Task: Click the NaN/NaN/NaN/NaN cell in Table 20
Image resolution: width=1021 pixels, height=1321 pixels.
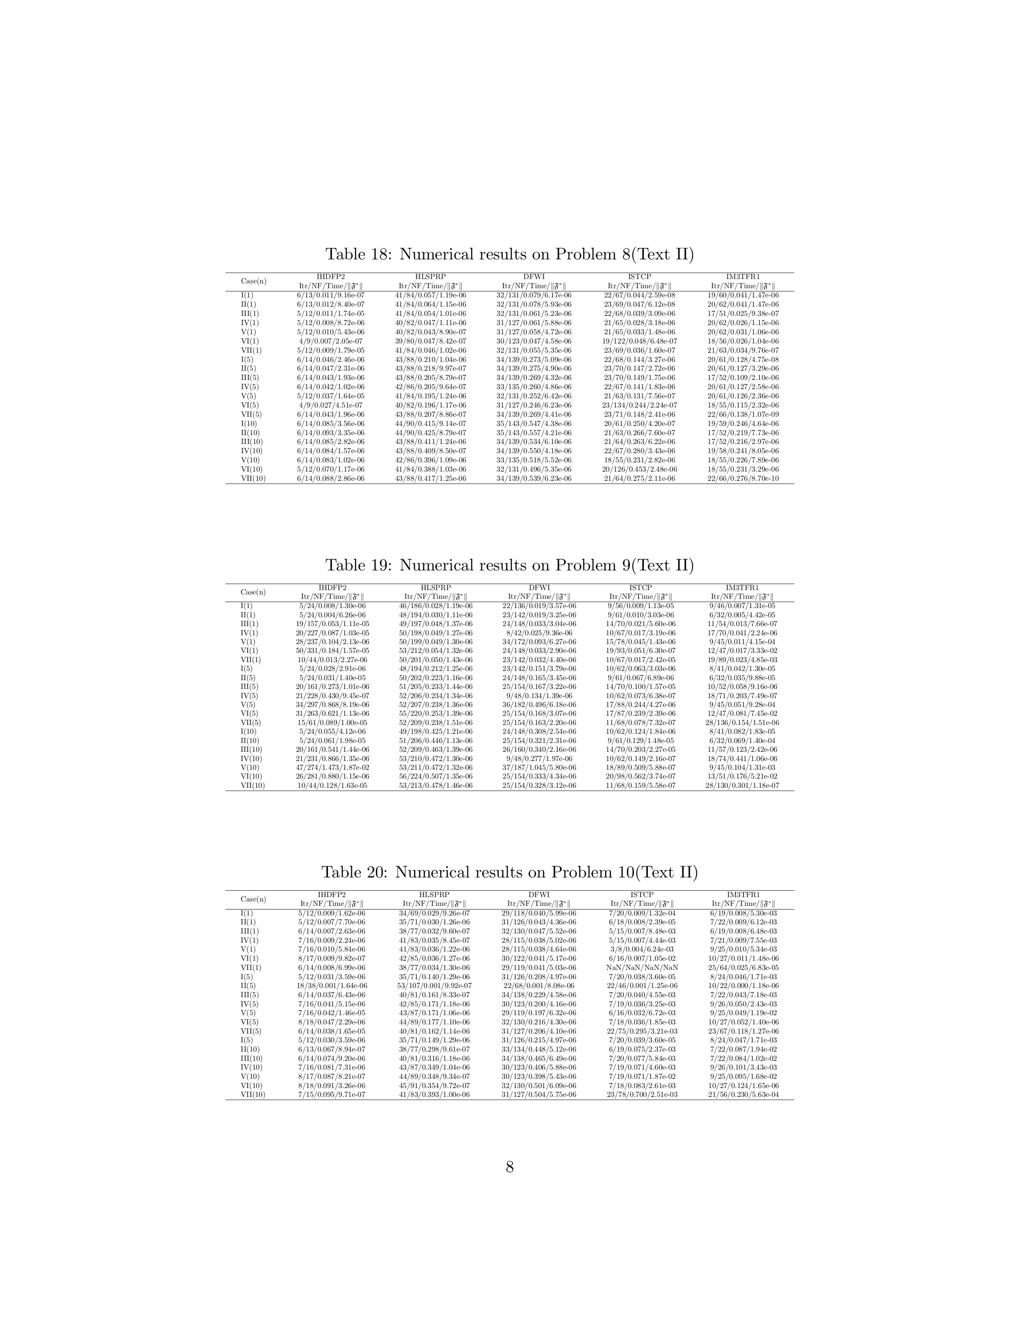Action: coord(642,967)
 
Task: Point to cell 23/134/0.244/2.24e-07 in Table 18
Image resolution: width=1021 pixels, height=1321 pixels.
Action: coord(639,405)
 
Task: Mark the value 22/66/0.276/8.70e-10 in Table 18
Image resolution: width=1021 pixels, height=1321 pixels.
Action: coord(744,478)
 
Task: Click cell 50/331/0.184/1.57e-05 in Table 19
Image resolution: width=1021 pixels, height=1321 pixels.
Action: coord(332,651)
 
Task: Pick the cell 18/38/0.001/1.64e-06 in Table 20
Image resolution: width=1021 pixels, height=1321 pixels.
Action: coord(332,985)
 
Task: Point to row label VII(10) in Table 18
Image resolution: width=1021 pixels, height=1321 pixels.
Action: coord(253,478)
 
